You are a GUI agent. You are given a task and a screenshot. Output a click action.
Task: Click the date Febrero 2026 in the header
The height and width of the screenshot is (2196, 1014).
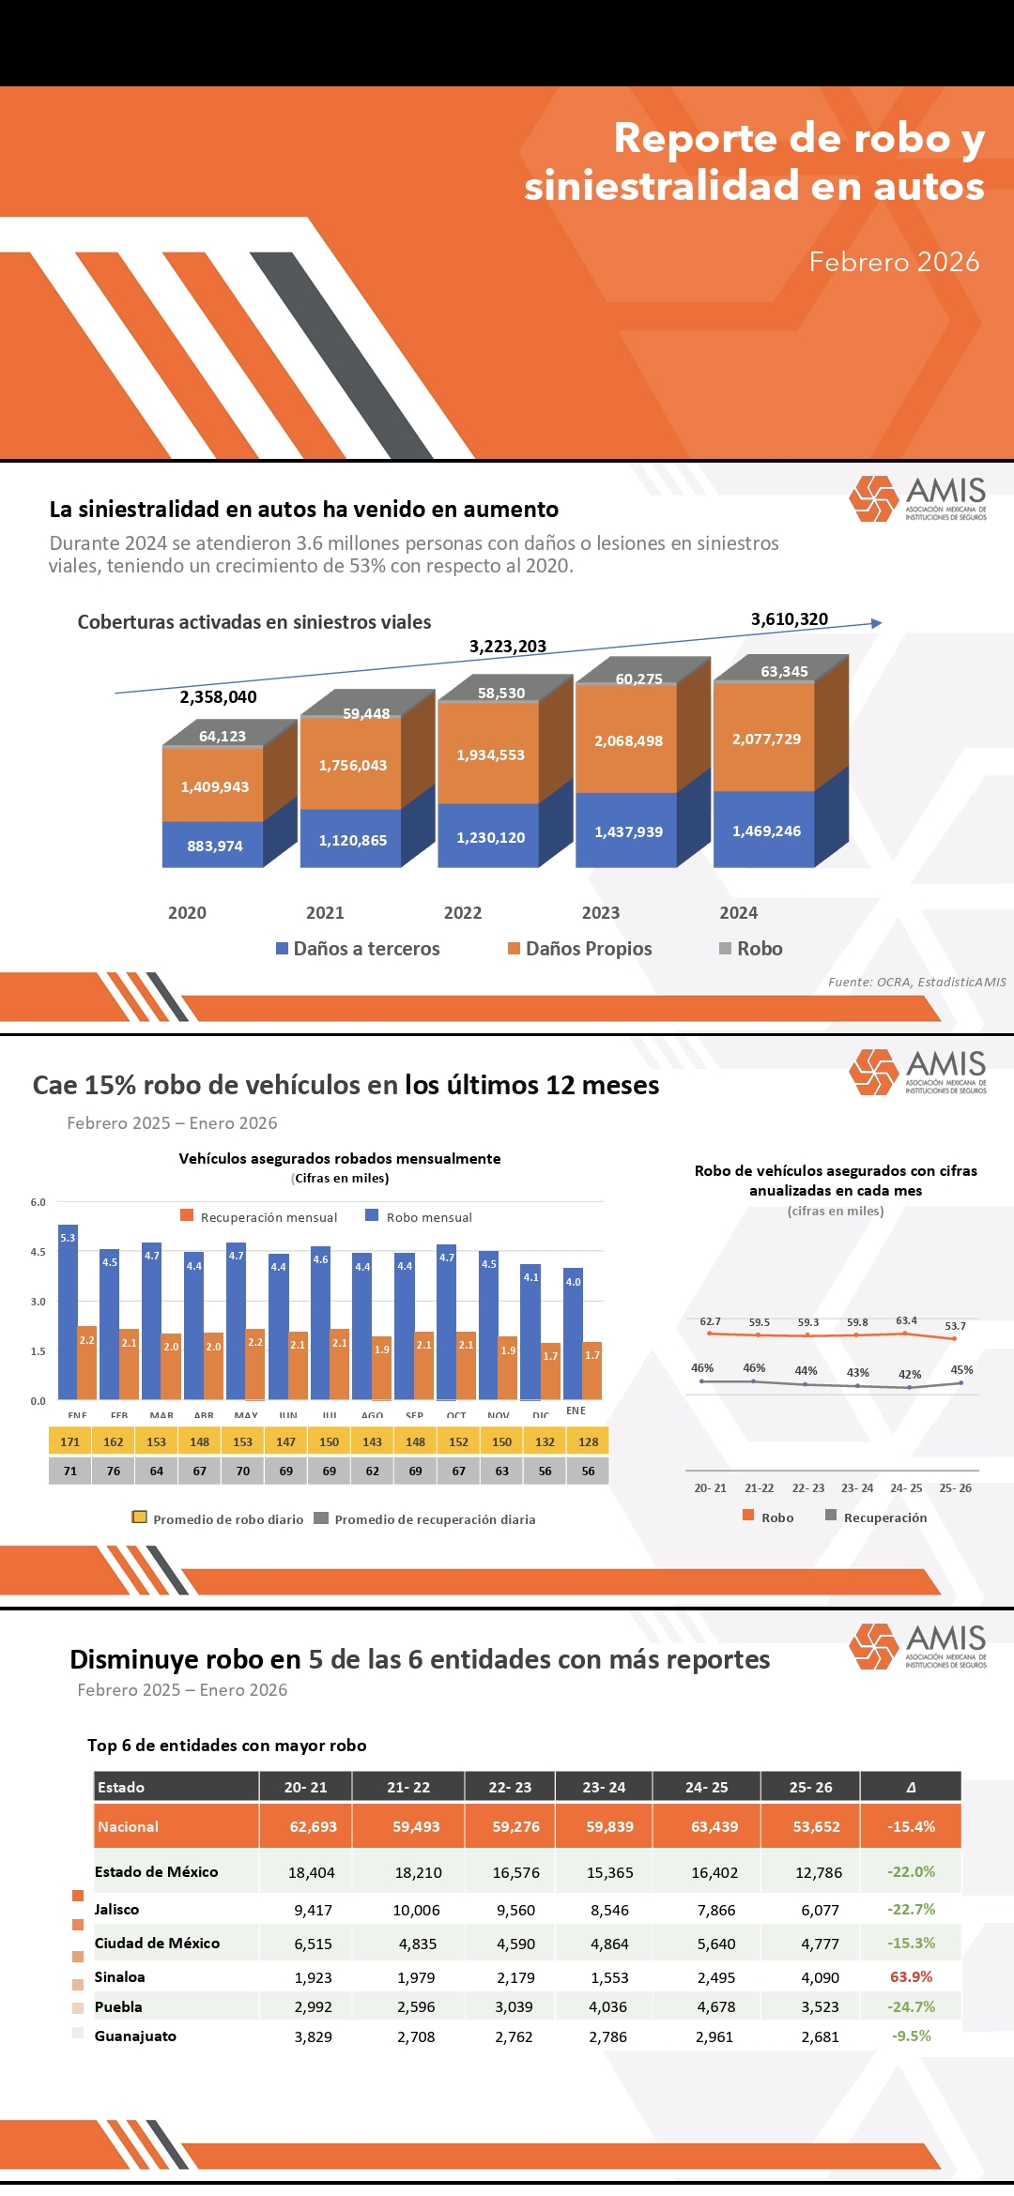coord(894,262)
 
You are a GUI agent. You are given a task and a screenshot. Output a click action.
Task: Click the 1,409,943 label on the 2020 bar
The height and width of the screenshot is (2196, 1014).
coord(215,786)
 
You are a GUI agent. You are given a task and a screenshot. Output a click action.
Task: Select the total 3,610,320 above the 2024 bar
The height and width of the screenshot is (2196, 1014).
coord(789,619)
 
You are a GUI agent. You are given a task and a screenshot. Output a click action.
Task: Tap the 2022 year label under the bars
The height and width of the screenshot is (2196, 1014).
coord(463,912)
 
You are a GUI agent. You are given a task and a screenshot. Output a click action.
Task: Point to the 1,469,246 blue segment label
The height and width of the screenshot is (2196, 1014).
coord(766,831)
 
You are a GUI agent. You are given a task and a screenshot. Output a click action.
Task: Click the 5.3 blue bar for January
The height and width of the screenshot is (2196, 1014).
coord(68,1314)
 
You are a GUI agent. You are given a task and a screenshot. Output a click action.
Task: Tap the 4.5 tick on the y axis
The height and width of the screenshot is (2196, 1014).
coord(38,1252)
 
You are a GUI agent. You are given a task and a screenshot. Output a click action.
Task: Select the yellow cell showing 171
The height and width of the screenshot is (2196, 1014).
coord(70,1441)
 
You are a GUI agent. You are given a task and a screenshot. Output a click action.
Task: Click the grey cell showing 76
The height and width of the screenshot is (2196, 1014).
coord(114,1471)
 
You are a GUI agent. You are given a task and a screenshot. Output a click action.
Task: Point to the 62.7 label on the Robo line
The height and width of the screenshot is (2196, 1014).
coord(710,1321)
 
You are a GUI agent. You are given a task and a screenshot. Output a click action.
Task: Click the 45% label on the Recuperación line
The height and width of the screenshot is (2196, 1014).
coord(961,1370)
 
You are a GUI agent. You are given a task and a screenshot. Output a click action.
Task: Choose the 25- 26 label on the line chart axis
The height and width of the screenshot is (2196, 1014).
coord(956,1487)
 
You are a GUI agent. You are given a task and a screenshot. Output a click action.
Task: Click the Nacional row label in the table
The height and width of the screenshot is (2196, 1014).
coord(129,1826)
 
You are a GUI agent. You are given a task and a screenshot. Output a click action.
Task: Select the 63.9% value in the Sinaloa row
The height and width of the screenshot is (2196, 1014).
coord(911,1976)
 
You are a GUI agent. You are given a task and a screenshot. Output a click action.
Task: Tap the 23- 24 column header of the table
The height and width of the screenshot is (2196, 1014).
coord(604,1787)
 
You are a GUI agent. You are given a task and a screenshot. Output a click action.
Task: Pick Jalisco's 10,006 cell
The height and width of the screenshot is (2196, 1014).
coord(417,1910)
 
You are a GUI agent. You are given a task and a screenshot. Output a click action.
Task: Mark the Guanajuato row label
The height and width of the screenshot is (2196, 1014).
coord(135,2036)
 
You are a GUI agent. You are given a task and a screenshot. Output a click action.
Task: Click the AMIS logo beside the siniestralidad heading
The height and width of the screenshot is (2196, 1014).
coord(917,497)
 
